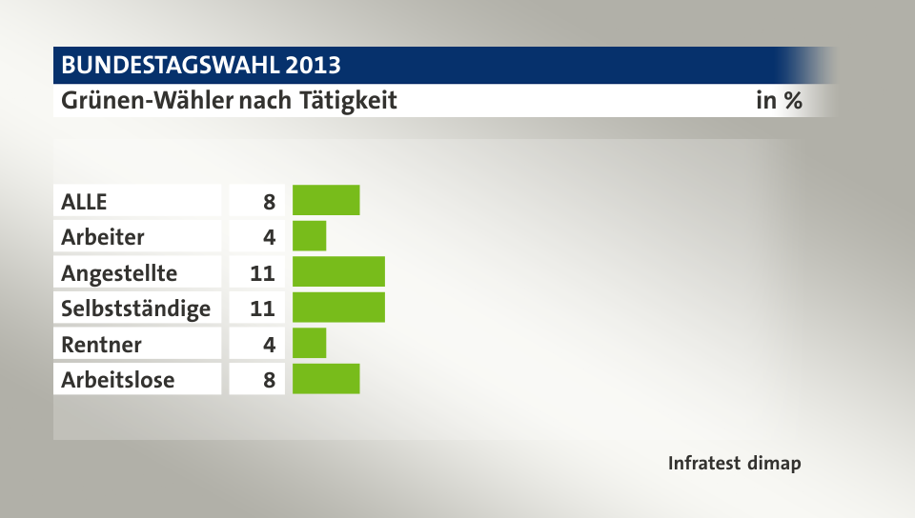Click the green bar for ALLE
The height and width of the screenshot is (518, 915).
326,201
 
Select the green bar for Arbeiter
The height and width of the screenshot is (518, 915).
309,236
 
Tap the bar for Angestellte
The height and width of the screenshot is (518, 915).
338,272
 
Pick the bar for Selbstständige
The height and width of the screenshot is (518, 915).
338,308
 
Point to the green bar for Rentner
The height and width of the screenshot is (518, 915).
309,343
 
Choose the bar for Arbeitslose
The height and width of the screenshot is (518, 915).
326,379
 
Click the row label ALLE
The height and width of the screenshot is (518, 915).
85,201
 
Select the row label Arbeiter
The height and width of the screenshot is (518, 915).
103,236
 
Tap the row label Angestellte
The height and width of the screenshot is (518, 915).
119,272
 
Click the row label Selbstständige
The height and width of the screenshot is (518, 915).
135,308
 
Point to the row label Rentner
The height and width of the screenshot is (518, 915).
101,343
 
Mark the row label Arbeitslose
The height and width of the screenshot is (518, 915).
117,379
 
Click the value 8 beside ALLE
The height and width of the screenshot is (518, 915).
269,201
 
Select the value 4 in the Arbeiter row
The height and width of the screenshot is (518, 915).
269,236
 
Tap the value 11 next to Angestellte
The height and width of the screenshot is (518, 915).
263,272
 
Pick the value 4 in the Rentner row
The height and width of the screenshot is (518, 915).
269,343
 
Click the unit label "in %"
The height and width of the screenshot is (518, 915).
778,100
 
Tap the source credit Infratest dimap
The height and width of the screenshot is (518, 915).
734,464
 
